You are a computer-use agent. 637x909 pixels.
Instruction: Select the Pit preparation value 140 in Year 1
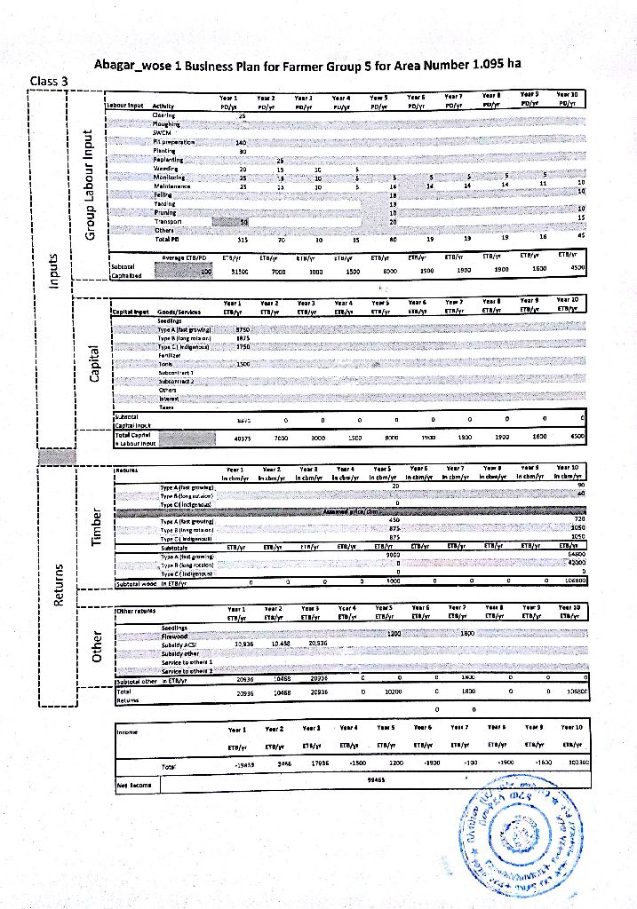[241, 142]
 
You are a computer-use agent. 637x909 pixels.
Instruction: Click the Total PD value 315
[242, 239]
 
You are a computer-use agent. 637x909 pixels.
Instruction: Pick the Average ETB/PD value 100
[206, 273]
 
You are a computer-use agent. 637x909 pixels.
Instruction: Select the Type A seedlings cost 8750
[242, 329]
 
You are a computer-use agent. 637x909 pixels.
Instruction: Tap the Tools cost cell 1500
[243, 364]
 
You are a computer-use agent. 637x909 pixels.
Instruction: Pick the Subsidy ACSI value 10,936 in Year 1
[241, 643]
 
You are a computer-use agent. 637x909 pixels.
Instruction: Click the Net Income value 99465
[375, 780]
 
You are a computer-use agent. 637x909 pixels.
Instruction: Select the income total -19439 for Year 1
[240, 762]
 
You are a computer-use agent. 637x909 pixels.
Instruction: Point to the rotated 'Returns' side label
[58, 589]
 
